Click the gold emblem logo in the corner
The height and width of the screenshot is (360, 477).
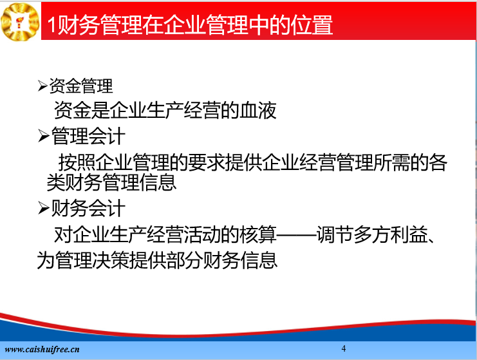pos(20,22)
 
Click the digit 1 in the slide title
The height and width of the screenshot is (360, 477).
pos(51,24)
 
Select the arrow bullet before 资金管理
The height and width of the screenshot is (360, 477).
pos(42,86)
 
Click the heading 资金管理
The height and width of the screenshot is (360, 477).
pos(81,86)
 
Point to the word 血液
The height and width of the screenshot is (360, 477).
pos(258,110)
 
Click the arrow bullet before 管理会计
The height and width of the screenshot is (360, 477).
pos(44,136)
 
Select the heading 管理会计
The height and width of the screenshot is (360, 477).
pos(88,136)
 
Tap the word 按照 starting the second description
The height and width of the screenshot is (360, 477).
pos(77,162)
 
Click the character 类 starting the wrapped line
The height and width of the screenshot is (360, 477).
pos(55,182)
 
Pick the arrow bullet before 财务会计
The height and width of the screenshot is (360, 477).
pos(44,209)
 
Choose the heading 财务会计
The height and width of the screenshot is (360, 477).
pos(88,209)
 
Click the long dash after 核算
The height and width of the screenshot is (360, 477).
pos(296,235)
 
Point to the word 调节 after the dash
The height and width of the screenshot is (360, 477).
pos(335,234)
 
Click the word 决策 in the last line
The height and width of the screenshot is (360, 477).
pos(111,260)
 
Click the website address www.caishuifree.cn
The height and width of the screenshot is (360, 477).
pos(42,349)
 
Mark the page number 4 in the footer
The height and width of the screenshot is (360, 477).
pos(344,348)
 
